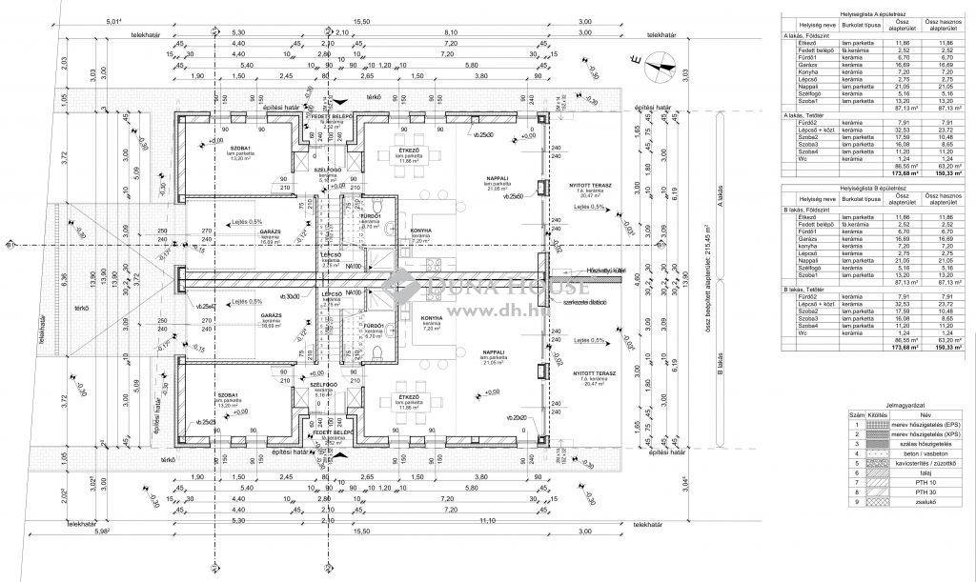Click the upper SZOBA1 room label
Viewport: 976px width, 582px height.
(x=213, y=151)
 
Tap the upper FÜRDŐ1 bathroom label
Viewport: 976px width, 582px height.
(x=371, y=217)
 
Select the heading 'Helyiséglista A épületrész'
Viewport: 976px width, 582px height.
(x=873, y=14)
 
